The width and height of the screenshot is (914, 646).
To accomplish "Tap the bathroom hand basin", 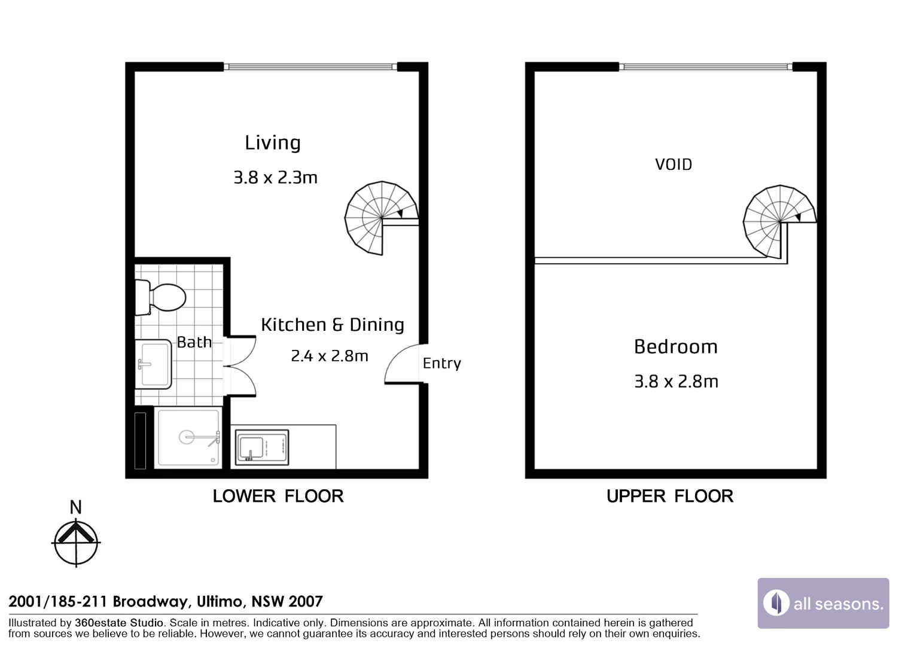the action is [x=153, y=364].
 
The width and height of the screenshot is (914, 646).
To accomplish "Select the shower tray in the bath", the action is [x=188, y=437].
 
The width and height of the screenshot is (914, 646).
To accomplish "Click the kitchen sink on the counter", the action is [x=262, y=447].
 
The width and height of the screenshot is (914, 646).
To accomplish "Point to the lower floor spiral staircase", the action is [x=382, y=218].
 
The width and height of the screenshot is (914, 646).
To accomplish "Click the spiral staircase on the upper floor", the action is [x=780, y=222].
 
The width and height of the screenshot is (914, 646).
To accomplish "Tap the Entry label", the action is [x=442, y=363].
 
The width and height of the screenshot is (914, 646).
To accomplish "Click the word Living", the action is [x=273, y=143].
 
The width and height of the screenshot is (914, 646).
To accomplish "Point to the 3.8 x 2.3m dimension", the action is [x=275, y=178].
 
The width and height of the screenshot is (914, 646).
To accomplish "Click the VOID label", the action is [x=674, y=164].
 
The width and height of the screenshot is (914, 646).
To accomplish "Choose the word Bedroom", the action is [x=676, y=347].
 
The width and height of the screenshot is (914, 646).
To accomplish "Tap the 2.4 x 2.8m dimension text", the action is [x=329, y=356].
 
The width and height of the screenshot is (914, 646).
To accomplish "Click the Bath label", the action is [x=194, y=342].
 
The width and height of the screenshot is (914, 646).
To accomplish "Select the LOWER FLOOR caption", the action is [x=278, y=496].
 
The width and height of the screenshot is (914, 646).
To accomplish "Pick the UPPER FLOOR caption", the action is [x=670, y=496].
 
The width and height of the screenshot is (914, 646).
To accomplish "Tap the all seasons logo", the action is [x=824, y=603].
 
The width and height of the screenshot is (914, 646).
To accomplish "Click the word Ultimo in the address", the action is [x=221, y=602].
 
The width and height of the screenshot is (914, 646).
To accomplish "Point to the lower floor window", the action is [x=310, y=66].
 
